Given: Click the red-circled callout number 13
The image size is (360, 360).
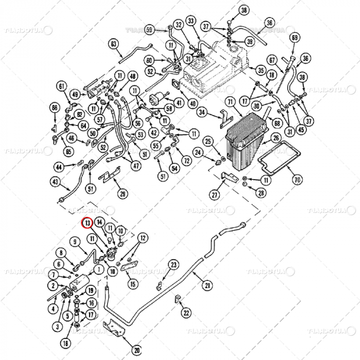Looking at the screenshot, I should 88,223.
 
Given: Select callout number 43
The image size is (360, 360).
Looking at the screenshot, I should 56,182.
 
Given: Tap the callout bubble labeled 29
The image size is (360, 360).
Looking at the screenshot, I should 122,193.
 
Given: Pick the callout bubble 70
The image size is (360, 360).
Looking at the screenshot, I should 297,180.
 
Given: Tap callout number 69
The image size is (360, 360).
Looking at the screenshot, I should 295,38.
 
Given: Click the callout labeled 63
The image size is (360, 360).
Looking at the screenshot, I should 114,45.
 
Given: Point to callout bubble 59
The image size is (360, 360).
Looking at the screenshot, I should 149,29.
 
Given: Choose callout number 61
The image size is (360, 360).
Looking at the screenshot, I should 62,86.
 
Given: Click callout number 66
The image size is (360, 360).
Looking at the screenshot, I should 55,107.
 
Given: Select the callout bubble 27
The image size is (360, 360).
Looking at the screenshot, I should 214,194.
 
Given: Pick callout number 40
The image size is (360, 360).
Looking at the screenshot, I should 193,103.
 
